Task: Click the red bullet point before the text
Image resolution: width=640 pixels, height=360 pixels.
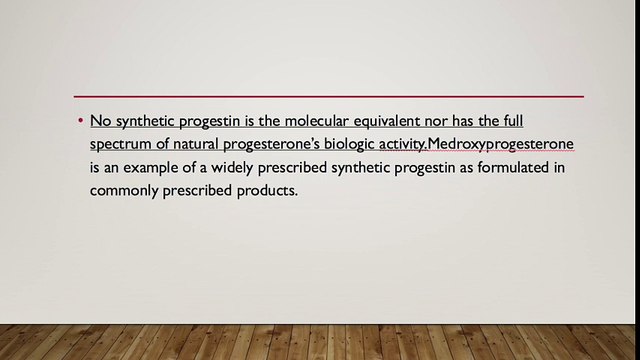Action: point(79,121)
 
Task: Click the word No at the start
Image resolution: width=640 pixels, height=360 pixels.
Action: point(99,121)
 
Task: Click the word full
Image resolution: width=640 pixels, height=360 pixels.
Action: point(538,121)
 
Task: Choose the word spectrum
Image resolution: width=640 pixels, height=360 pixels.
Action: point(122,144)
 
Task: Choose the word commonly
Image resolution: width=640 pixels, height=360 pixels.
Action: point(123,190)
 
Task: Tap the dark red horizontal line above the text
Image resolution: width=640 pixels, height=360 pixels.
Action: point(329,96)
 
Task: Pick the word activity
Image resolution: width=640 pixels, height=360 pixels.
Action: point(406,144)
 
